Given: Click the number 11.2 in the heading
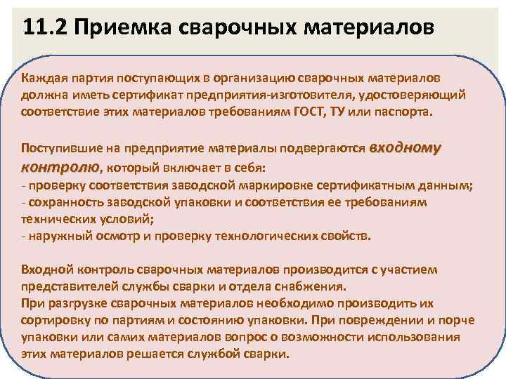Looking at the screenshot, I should [43, 27].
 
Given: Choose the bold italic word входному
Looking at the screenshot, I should [405, 148].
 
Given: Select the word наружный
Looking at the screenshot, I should [56, 236].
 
